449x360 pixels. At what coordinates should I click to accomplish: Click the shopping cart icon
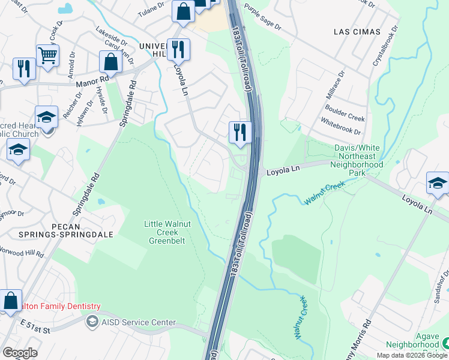tap(47, 56)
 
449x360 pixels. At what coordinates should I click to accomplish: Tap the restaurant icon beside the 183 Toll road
tap(240, 132)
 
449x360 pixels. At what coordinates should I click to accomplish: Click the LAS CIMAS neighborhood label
tap(358, 31)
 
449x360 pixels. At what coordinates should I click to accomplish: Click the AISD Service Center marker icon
tap(92, 322)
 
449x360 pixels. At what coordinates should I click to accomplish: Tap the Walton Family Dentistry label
tap(50, 306)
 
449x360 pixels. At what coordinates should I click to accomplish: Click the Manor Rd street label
tap(92, 79)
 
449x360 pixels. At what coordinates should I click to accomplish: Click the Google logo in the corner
tap(20, 352)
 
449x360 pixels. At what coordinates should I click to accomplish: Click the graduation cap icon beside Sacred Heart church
tap(46, 117)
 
